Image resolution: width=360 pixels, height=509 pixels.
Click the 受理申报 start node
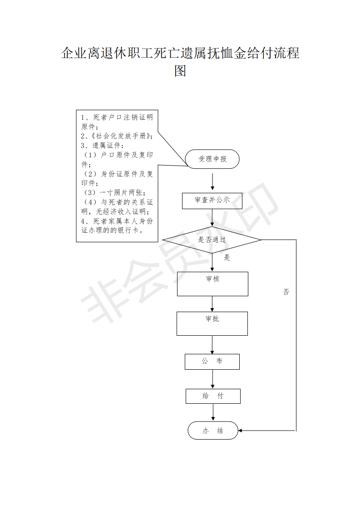click(x=212, y=159)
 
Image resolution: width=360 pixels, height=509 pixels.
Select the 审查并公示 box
click(x=212, y=201)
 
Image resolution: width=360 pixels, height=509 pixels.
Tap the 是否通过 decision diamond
click(x=212, y=240)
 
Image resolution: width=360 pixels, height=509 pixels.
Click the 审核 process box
click(x=212, y=284)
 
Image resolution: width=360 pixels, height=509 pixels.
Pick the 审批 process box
click(x=212, y=323)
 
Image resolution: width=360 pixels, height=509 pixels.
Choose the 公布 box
click(x=212, y=362)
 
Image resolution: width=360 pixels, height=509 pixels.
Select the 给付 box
click(x=213, y=396)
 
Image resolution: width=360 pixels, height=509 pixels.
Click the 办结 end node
click(x=213, y=431)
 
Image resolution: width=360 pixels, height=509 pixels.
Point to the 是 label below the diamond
click(x=227, y=257)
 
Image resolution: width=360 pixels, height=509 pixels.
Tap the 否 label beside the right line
click(x=286, y=292)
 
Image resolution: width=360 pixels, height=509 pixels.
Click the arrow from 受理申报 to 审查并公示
click(x=212, y=181)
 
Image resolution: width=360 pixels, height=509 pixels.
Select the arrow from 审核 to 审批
click(x=212, y=304)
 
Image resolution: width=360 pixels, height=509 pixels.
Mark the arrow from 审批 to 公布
click(x=212, y=345)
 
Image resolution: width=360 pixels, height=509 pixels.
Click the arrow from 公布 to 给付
click(x=212, y=379)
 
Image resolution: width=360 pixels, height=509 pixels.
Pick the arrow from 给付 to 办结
click(x=213, y=412)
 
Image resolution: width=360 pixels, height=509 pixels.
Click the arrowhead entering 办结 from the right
click(x=240, y=431)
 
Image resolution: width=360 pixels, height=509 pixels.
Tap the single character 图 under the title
click(x=180, y=71)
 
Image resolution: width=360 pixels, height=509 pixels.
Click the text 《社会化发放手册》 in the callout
click(x=120, y=136)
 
